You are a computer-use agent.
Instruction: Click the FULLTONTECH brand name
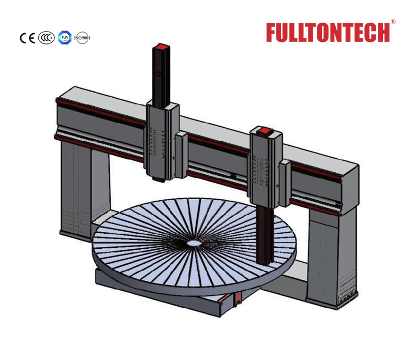(x=328, y=33)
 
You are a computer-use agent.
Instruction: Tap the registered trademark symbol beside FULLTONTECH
(x=393, y=22)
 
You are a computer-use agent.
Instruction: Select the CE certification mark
(x=27, y=38)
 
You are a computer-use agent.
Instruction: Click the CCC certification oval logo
(x=46, y=38)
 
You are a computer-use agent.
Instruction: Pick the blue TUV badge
(x=65, y=37)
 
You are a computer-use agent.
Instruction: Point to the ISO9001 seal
(x=82, y=38)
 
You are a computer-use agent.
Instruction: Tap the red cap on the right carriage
(x=264, y=131)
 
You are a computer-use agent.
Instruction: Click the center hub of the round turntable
(x=194, y=243)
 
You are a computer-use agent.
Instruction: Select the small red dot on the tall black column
(x=158, y=73)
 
